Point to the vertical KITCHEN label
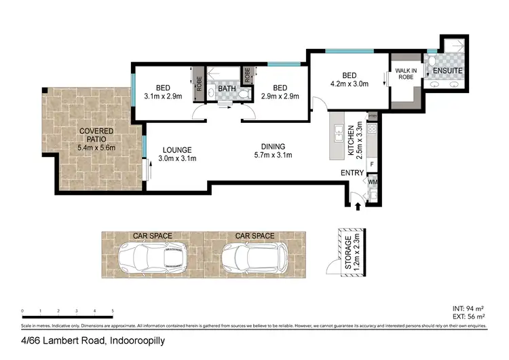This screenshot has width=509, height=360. click(x=351, y=137)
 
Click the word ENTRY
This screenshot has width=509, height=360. click(x=352, y=173)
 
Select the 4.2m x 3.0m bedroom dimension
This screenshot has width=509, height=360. click(x=350, y=84)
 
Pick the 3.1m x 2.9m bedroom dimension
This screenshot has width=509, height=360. click(x=163, y=96)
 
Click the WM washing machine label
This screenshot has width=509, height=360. click(x=373, y=181)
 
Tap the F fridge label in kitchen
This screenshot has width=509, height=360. click(x=372, y=164)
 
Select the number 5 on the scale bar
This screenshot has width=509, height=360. click(x=113, y=310)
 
